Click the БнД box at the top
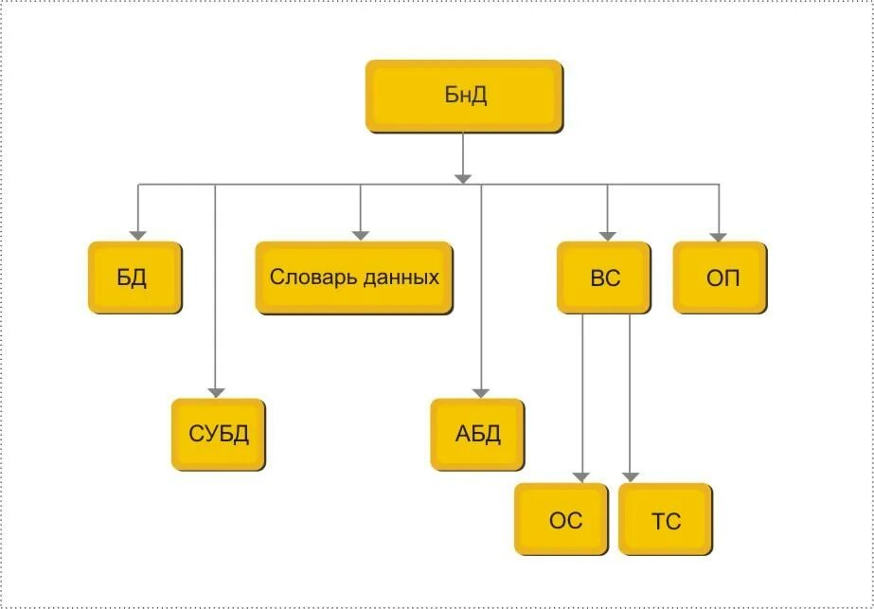[464, 96]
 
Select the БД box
[134, 278]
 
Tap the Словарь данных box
[354, 278]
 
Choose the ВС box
[604, 278]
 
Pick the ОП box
[721, 278]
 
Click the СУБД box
[218, 435]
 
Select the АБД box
[477, 435]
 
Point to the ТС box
[666, 520]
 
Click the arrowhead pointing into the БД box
[138, 234]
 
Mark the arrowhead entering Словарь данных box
[360, 234]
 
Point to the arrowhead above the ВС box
[608, 234]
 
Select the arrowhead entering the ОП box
[719, 234]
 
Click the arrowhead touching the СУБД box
[216, 391]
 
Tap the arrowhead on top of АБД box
[481, 391]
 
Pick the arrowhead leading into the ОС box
[583, 476]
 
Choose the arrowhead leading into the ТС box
[631, 476]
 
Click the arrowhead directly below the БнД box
[463, 176]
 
